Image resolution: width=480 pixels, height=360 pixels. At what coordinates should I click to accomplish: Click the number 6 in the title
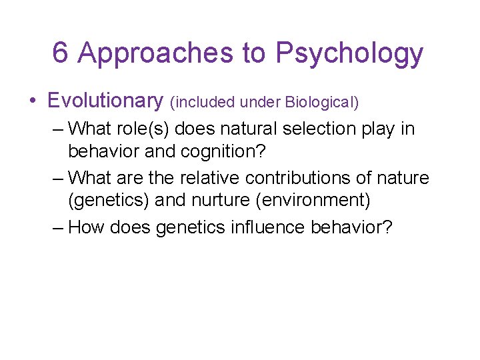(x=60, y=53)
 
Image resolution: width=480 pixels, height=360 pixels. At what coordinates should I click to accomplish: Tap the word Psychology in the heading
(x=349, y=53)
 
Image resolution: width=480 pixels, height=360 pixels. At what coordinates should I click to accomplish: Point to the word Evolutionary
(x=105, y=101)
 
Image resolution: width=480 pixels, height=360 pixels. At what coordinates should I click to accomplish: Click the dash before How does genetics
(x=58, y=228)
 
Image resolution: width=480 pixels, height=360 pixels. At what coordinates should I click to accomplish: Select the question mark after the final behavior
(x=387, y=228)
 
